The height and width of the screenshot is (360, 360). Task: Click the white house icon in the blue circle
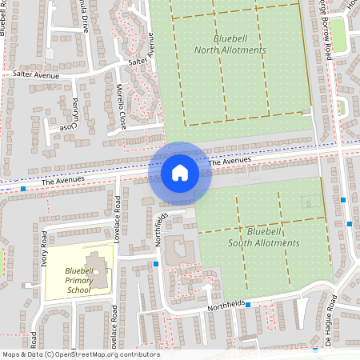point(179,172)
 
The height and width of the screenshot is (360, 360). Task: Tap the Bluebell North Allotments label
point(230,44)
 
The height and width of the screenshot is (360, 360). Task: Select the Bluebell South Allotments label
point(263,237)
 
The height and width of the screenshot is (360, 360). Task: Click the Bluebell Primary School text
point(79,281)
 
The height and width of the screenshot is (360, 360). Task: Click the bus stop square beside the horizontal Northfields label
point(248,304)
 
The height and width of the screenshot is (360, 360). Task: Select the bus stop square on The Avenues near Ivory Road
point(24,190)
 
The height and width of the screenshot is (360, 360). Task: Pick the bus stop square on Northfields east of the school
point(156,263)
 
